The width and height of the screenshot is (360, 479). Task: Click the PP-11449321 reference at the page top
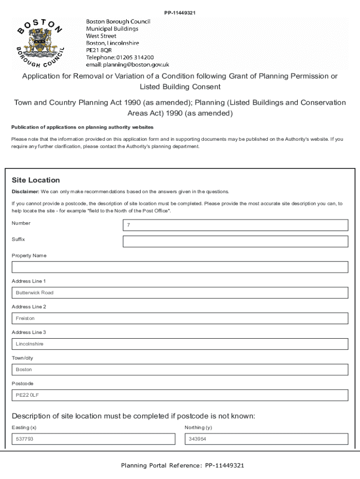180,13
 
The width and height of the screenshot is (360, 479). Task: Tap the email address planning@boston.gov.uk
127,65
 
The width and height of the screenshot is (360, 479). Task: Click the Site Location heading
36,180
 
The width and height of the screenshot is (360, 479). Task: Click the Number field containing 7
235,225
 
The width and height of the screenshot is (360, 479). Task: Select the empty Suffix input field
235,241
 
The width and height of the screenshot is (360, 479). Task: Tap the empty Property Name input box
180,267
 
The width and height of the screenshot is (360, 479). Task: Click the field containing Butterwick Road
180,293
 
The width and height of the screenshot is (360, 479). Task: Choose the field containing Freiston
180,319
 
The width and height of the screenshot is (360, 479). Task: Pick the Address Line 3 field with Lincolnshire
180,344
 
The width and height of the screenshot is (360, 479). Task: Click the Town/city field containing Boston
180,370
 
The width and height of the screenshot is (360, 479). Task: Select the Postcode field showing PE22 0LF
180,395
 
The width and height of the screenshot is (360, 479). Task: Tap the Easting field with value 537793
93,439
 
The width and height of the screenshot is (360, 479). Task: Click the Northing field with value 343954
266,439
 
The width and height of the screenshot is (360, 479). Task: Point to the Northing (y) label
198,428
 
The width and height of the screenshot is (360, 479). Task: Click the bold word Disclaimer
25,192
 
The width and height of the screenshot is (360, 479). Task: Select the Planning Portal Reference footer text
182,465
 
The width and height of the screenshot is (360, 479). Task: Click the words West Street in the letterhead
101,36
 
